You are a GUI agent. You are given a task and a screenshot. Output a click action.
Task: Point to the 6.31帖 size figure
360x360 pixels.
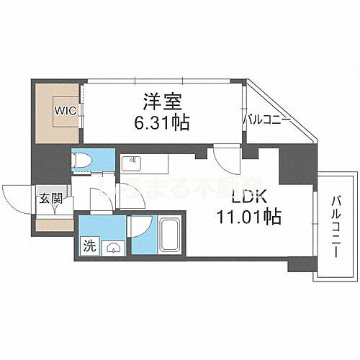[162, 123]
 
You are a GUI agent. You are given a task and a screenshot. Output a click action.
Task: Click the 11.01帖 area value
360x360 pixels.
[248, 215]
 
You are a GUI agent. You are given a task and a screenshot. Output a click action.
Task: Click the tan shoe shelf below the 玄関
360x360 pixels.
[53, 225]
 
